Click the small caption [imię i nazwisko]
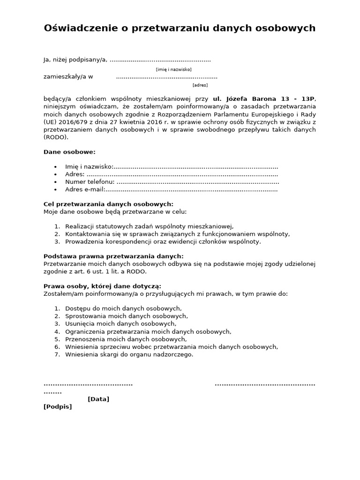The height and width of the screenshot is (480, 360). [x=173, y=69]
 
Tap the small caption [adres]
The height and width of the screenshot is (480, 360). [x=200, y=85]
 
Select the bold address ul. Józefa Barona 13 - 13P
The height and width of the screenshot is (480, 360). [x=264, y=99]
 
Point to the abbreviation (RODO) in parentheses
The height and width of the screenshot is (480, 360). [x=56, y=137]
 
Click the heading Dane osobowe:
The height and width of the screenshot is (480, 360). [x=69, y=152]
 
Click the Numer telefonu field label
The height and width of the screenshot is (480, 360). [x=90, y=182]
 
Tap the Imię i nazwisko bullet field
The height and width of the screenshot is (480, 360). [x=89, y=167]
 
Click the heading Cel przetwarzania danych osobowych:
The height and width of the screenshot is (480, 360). [x=108, y=204]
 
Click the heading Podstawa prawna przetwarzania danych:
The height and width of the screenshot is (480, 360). [x=113, y=256]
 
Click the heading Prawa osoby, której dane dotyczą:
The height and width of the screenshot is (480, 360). [x=102, y=286]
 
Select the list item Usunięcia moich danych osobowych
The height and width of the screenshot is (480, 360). [x=120, y=324]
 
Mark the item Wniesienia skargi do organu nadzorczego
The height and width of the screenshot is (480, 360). [x=129, y=354]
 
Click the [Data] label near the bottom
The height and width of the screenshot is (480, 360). [x=98, y=399]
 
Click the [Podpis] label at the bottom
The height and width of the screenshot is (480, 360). [x=58, y=406]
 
